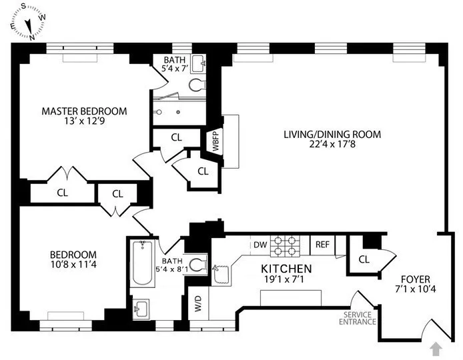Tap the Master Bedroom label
click(x=84, y=111)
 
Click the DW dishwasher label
click(x=260, y=245)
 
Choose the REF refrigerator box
click(x=322, y=245)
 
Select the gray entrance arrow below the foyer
click(x=436, y=347)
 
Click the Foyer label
click(x=415, y=279)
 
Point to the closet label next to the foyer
click(x=364, y=259)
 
